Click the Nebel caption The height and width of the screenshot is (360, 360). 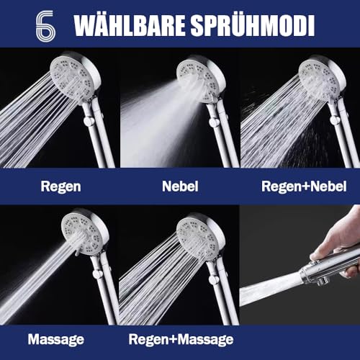(x=179, y=186)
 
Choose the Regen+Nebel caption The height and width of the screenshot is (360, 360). (x=298, y=186)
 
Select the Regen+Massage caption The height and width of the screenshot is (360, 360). (x=181, y=338)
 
